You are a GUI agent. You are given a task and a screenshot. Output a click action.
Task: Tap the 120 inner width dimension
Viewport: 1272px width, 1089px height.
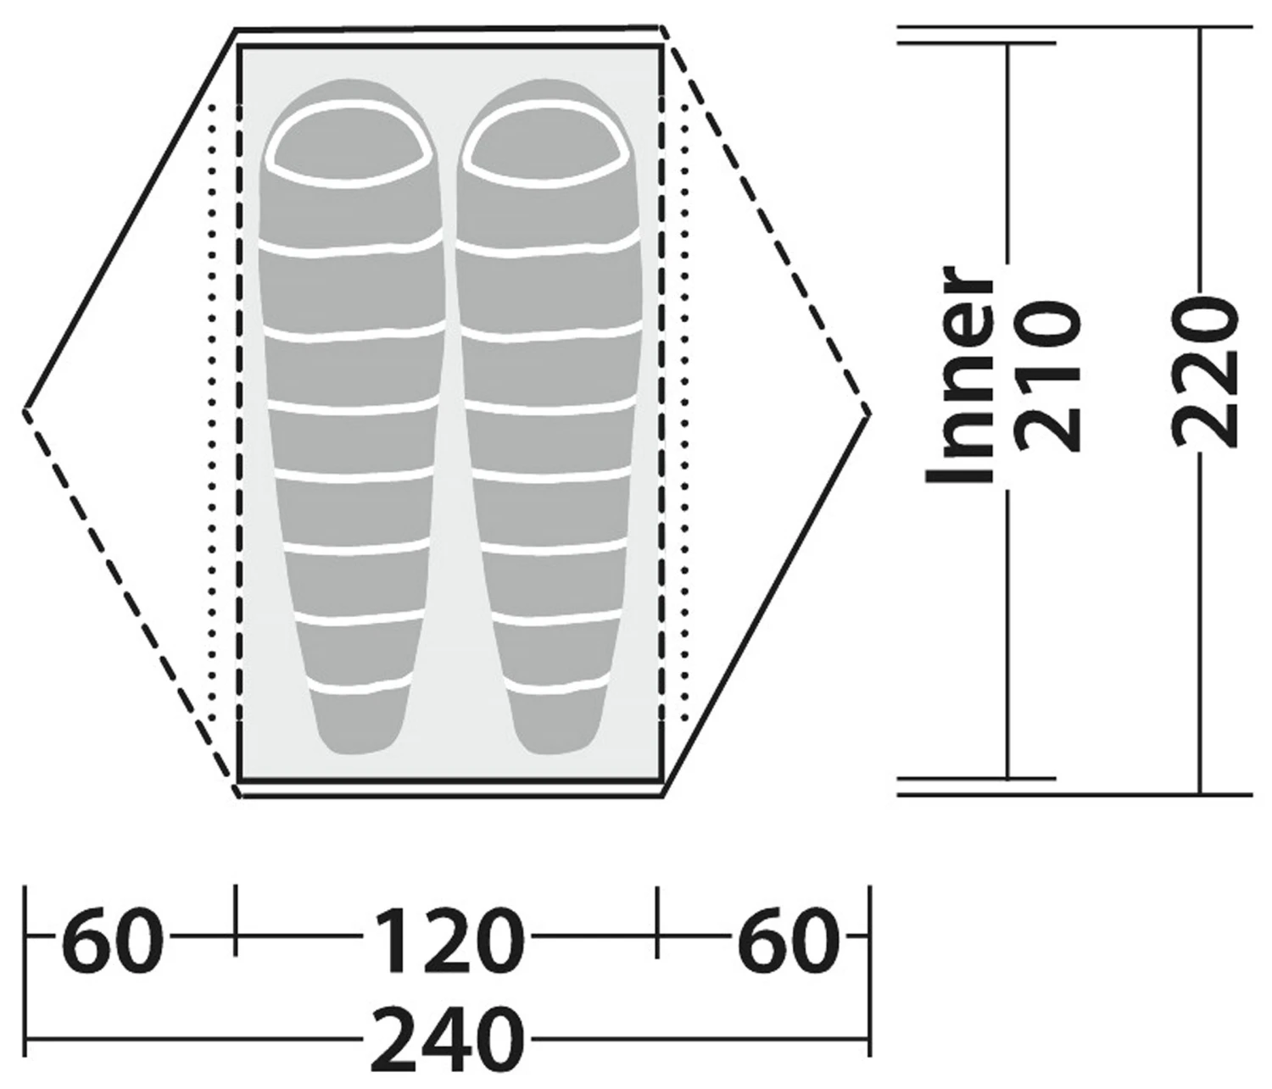(445, 941)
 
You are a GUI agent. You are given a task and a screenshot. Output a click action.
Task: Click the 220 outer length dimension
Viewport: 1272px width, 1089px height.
(1204, 371)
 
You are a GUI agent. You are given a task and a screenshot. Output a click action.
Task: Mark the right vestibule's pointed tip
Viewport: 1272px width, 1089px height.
(867, 412)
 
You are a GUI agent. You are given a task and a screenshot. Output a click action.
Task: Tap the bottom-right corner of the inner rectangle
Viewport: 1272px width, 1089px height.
(661, 777)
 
